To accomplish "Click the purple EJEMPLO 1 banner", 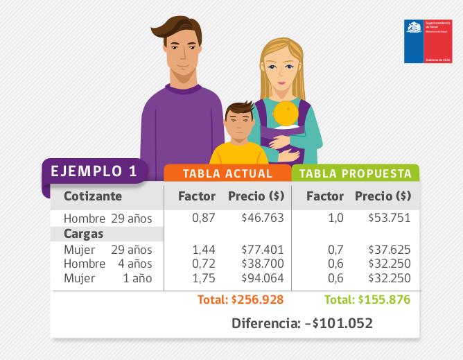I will click(94, 171).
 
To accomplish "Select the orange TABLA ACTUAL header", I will click(228, 173).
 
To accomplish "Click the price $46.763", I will click(262, 218).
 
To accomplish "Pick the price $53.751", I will click(389, 218).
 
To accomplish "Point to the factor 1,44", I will click(203, 250).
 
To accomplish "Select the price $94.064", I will click(262, 278).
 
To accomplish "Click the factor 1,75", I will click(203, 278).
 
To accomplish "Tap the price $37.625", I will click(389, 250).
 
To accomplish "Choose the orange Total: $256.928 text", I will click(240, 300).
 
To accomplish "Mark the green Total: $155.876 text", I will click(367, 300).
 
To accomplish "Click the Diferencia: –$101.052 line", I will click(302, 323).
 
